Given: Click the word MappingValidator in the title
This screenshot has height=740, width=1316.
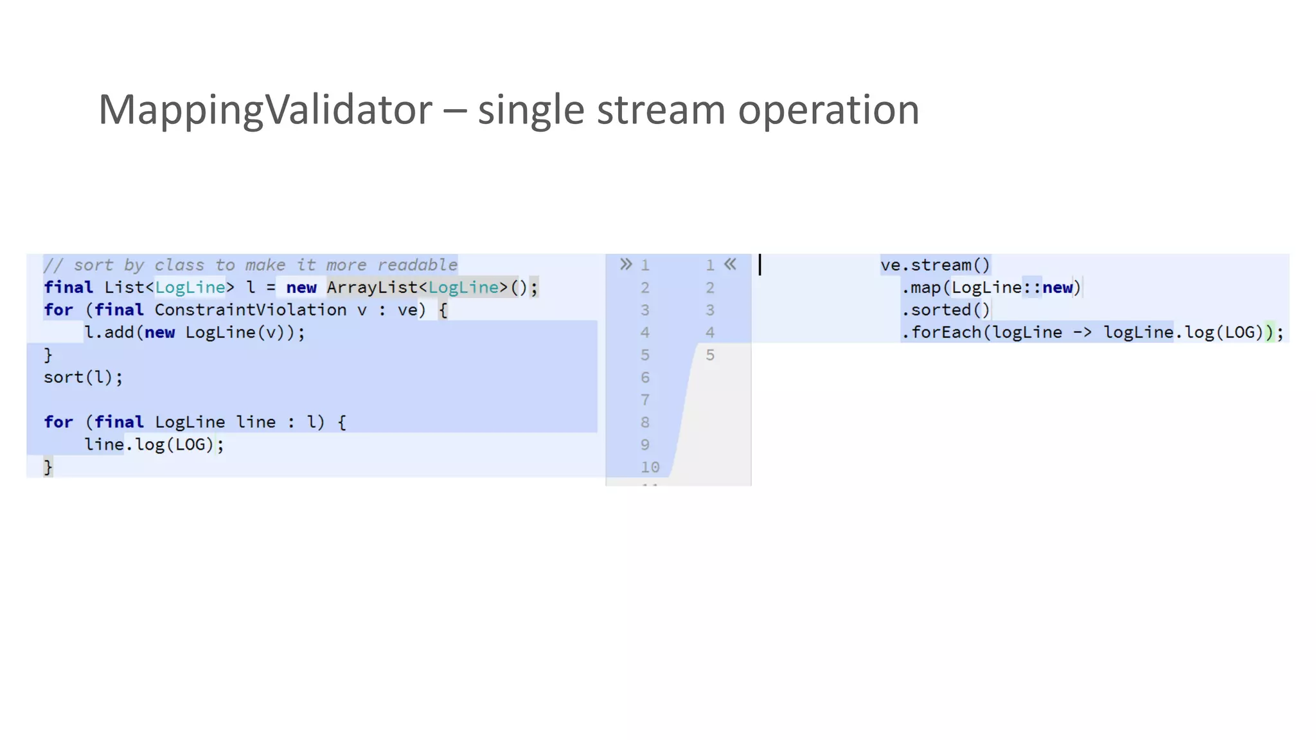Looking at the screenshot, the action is click(x=265, y=110).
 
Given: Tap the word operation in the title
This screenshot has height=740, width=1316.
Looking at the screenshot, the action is click(x=828, y=110).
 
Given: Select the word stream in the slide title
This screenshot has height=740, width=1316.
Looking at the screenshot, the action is click(x=661, y=110).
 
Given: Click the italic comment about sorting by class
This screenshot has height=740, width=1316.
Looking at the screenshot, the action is click(x=250, y=265).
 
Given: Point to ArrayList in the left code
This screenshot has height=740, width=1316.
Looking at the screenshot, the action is click(x=372, y=287).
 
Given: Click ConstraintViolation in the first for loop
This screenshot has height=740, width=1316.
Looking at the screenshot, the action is click(x=250, y=310).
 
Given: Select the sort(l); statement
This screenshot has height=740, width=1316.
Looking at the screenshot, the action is click(x=83, y=377).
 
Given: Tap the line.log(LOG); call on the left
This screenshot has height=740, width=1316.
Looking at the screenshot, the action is click(x=154, y=445).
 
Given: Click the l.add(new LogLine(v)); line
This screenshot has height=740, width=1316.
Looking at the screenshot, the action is click(x=195, y=332).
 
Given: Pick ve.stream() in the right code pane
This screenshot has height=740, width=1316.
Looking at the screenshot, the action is click(x=935, y=265).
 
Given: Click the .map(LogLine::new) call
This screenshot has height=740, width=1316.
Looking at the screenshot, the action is click(x=991, y=287).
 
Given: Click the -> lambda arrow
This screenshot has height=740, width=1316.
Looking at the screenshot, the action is click(x=1083, y=332).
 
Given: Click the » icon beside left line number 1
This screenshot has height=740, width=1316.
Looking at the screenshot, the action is click(x=626, y=264).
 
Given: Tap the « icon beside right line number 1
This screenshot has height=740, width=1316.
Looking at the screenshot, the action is click(x=730, y=264).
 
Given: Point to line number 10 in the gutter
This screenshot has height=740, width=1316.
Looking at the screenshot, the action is click(x=650, y=467).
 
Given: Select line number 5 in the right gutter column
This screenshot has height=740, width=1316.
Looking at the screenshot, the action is click(x=710, y=355).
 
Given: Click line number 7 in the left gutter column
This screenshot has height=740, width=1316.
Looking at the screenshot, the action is click(x=645, y=400).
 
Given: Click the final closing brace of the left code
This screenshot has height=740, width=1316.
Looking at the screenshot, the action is click(x=48, y=467).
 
